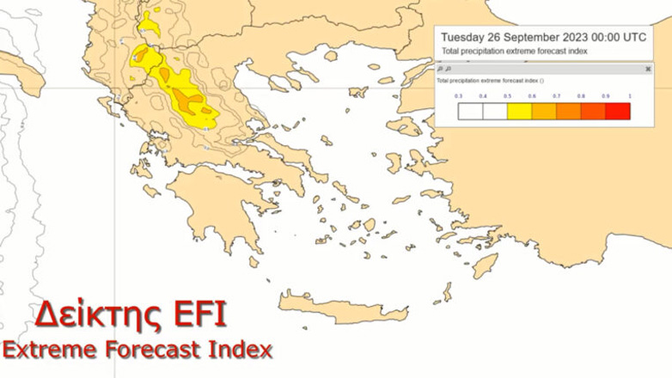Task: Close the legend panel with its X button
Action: click(648, 69)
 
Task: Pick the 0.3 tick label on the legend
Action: click(458, 96)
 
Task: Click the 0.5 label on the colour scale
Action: click(507, 96)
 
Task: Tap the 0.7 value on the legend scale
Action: click(556, 96)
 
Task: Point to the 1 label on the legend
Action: click(630, 96)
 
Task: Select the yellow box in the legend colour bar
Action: click(519, 111)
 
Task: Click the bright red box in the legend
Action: click(617, 111)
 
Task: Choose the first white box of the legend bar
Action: click(470, 111)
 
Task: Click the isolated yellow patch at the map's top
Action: click(150, 23)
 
